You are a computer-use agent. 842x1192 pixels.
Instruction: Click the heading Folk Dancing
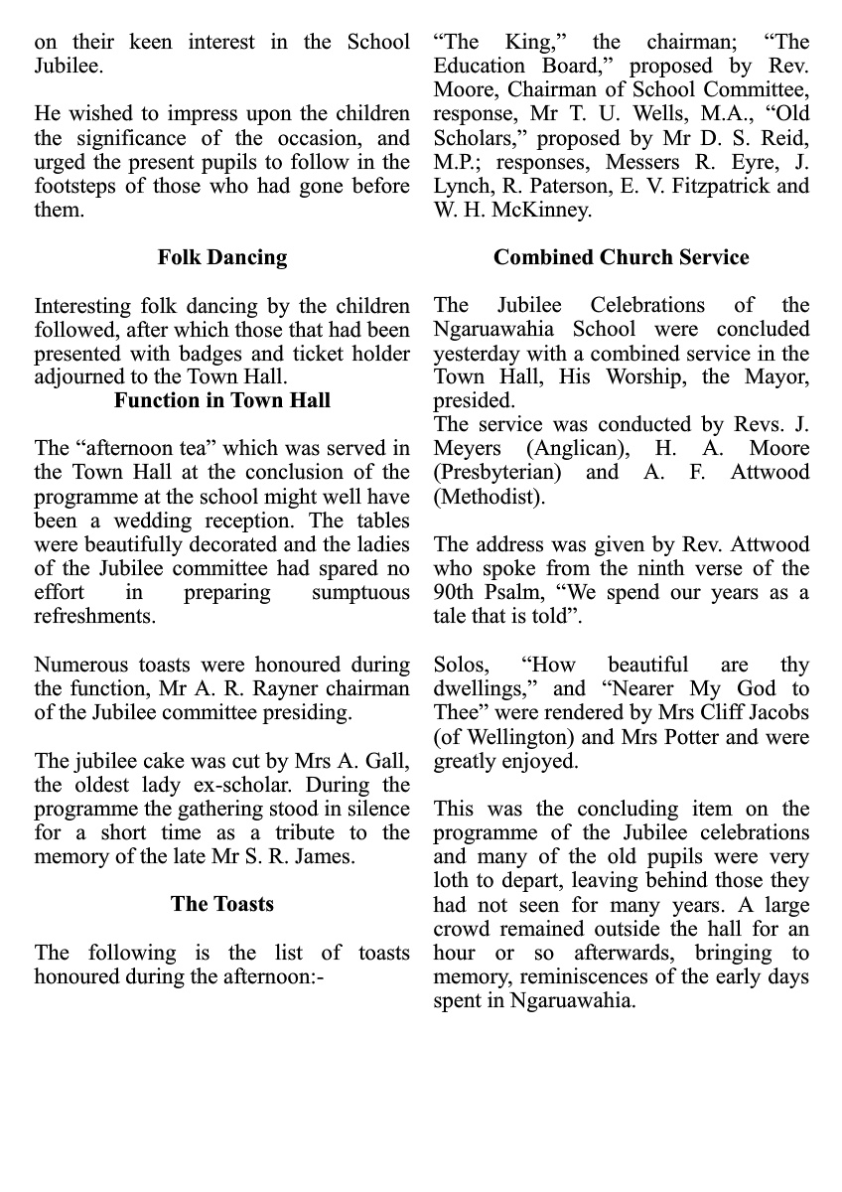click(221, 257)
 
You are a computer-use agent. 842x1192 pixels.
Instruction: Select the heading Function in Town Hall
click(221, 401)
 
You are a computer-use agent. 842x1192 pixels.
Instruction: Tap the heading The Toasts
click(221, 904)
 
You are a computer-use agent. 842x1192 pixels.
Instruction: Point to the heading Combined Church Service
click(621, 257)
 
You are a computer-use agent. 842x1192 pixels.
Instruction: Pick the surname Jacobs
click(774, 713)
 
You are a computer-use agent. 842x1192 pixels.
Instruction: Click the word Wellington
click(511, 737)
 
